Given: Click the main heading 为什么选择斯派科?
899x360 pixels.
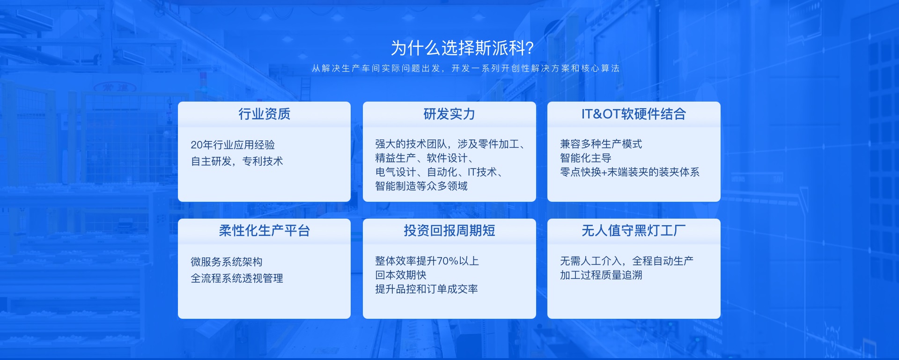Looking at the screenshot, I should pos(462,48).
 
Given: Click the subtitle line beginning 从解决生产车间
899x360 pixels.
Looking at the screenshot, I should pos(465,68).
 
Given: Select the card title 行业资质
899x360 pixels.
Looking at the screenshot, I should pos(264,114).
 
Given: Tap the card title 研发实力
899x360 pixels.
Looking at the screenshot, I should pos(449,114).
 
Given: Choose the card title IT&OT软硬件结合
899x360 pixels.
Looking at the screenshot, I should pos(634,114).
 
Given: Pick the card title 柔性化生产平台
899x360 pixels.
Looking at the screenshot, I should pos(264,230).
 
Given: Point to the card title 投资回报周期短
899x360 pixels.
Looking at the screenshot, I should pos(449,230).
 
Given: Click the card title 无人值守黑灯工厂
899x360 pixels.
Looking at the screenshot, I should pos(634,230).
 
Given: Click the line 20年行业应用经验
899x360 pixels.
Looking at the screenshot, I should pos(233,145).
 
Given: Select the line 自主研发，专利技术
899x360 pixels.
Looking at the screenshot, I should pos(237,162).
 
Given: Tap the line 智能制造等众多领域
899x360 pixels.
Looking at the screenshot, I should pos(421,186).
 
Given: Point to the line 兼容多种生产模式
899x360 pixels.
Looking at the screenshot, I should pos(601,144).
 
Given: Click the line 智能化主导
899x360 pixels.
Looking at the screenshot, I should pos(585,158).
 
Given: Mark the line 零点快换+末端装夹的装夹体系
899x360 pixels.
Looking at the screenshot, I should pos(629,172).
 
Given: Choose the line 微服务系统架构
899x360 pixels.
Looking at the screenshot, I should pos(226,262).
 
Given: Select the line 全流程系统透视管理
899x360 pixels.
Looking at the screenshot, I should pos(237,279).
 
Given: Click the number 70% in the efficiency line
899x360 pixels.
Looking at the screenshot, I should pos(448,261).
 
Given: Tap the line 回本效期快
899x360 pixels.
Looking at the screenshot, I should pos(401,275).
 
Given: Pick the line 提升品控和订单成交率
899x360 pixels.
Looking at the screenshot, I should pos(427,289).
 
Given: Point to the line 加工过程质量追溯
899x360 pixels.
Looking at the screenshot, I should pos(601,275).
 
